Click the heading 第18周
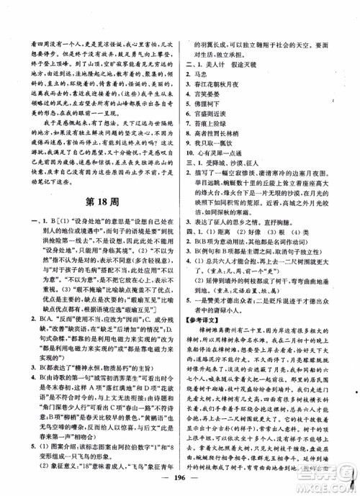click(x=92, y=199)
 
